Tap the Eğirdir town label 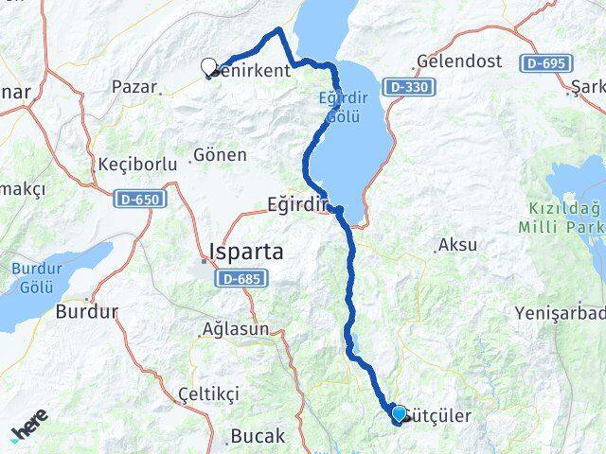point(294,204)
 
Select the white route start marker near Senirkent point(209,66)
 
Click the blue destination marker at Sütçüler point(399,413)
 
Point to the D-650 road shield point(139,200)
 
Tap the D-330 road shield point(407,87)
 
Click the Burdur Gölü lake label point(36,276)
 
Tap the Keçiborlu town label point(137,164)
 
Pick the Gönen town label point(220,154)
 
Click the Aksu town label point(460,245)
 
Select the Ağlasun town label point(235,330)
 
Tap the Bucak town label point(258,436)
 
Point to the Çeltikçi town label point(206,392)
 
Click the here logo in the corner point(28,430)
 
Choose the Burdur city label point(87,310)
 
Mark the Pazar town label point(134,86)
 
